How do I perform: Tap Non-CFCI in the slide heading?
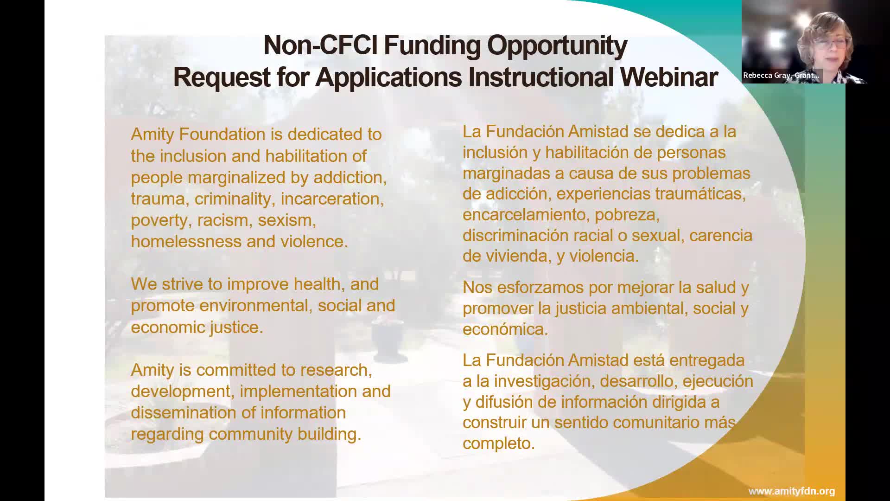pos(321,45)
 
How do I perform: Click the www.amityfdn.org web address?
pos(792,491)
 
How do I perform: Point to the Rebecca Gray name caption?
pos(781,75)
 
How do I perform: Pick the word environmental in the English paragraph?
pos(254,306)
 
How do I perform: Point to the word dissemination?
pos(184,413)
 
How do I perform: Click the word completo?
pos(499,443)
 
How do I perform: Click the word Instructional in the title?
pos(541,77)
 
